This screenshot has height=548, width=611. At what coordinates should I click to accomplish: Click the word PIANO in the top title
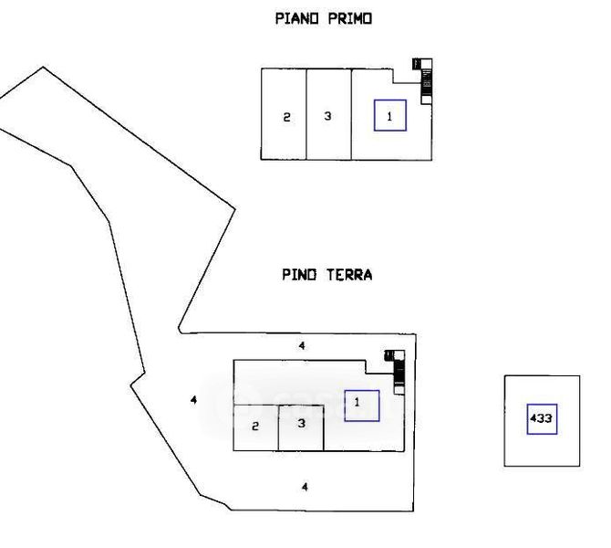(x=294, y=17)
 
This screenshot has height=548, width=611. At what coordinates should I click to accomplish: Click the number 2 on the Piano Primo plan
(x=285, y=117)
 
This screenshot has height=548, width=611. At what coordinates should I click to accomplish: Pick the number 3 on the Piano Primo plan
(x=327, y=116)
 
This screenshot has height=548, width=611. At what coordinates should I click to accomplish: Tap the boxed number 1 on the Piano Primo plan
(x=389, y=115)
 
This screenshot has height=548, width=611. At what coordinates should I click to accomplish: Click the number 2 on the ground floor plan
(x=255, y=426)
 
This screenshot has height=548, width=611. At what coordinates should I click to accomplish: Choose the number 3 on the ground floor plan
(x=300, y=423)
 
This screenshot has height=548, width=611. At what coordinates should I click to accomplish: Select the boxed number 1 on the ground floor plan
(x=361, y=405)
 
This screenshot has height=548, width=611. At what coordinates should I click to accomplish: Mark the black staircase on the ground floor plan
(x=399, y=370)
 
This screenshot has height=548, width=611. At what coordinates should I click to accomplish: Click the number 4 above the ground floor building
(x=303, y=345)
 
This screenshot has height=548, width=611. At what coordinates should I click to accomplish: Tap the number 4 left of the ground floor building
(x=192, y=399)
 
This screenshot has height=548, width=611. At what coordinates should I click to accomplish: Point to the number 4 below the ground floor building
(x=305, y=487)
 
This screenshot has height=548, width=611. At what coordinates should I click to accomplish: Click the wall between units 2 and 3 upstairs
(x=305, y=114)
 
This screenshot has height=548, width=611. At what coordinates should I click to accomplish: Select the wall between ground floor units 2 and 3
(x=278, y=427)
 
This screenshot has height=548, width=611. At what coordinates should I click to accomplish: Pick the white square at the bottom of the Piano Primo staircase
(x=426, y=100)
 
